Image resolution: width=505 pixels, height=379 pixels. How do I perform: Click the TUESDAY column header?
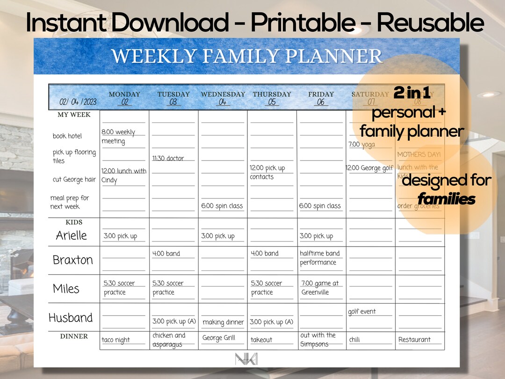[173, 94]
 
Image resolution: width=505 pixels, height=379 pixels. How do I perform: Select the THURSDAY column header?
[272, 94]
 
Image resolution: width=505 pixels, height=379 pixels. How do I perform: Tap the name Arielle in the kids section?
[71, 235]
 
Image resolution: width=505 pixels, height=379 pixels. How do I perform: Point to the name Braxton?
[72, 260]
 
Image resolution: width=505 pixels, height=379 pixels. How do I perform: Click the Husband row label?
[71, 318]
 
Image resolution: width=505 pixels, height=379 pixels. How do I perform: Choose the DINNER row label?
[74, 336]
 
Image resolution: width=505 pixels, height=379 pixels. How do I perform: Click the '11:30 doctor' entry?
[168, 159]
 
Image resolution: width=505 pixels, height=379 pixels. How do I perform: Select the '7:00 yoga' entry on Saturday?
[362, 145]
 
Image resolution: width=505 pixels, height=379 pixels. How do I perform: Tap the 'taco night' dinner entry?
[116, 340]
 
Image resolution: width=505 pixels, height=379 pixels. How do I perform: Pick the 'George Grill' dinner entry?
[219, 338]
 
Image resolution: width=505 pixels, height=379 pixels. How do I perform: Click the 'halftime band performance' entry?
[320, 258]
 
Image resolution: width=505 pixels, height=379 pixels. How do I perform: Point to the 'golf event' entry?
[362, 312]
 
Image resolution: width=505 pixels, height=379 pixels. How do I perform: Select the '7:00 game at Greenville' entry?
[320, 288]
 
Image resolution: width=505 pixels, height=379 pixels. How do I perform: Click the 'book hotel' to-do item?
[67, 136]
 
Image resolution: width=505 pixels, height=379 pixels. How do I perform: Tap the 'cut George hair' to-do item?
[74, 180]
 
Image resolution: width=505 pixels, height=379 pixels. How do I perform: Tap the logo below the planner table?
[246, 359]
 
